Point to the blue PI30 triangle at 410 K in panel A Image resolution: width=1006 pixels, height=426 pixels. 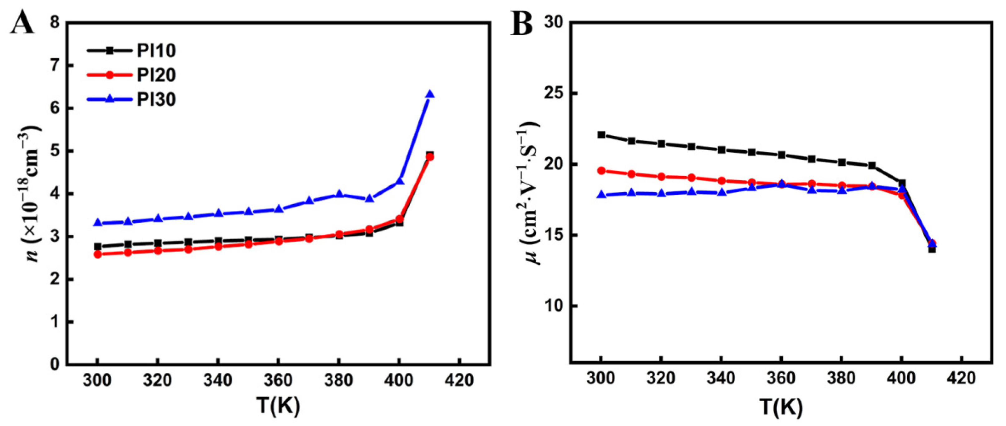[430, 94]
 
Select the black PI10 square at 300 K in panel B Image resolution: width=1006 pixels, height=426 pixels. [601, 135]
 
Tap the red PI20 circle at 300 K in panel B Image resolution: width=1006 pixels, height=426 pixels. [601, 171]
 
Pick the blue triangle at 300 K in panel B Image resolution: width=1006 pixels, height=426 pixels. [601, 195]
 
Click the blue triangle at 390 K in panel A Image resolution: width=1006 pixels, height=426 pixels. [369, 198]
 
